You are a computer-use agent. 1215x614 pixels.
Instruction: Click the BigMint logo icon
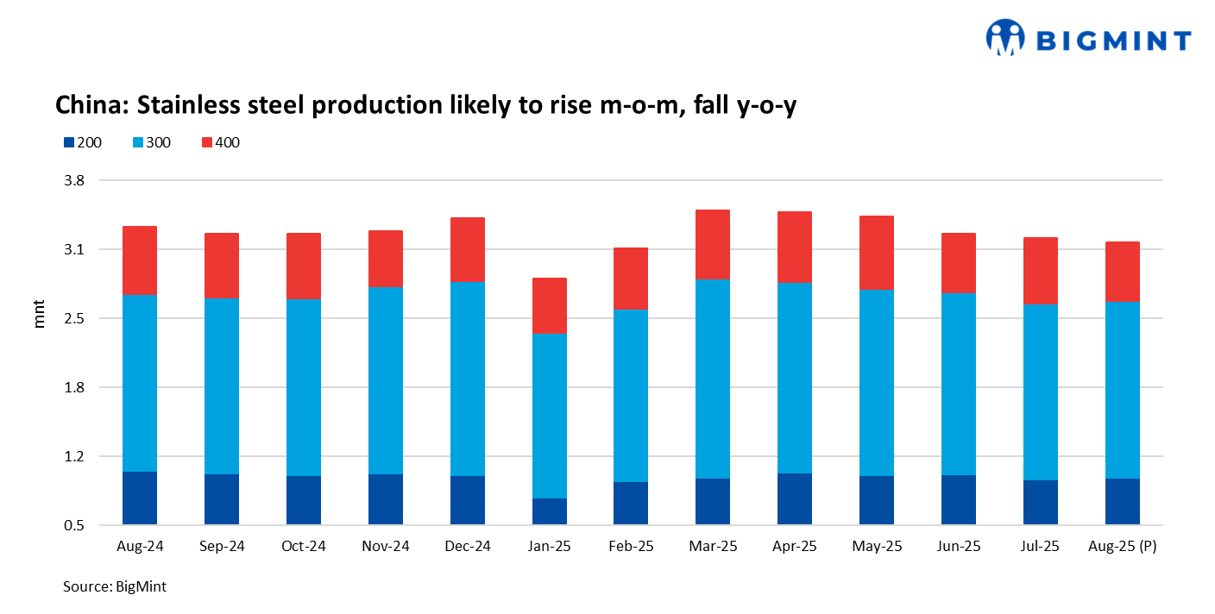tap(1005, 38)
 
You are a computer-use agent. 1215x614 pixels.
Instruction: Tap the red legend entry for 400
tap(219, 142)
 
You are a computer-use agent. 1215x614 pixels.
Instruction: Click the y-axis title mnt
tap(40, 316)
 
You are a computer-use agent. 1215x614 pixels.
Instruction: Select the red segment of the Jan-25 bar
tap(549, 306)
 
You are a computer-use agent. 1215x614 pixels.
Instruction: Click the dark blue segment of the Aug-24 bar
tap(140, 498)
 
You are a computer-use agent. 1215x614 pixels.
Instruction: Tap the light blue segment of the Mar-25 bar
tap(712, 379)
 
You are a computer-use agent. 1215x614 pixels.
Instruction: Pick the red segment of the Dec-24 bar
tap(468, 250)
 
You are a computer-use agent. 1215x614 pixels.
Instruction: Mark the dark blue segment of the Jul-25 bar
tap(1041, 502)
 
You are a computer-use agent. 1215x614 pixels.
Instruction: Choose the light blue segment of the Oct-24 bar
tap(304, 387)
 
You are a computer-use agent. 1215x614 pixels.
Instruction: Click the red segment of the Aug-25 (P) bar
tap(1122, 272)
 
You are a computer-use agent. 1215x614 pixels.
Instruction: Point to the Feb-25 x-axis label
tap(631, 547)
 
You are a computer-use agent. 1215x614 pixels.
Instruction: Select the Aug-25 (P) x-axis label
tap(1122, 547)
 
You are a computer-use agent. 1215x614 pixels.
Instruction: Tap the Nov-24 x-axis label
tap(386, 547)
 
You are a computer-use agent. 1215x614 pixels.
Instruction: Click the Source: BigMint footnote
tap(115, 586)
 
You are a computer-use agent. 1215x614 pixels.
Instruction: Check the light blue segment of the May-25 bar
tap(877, 382)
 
